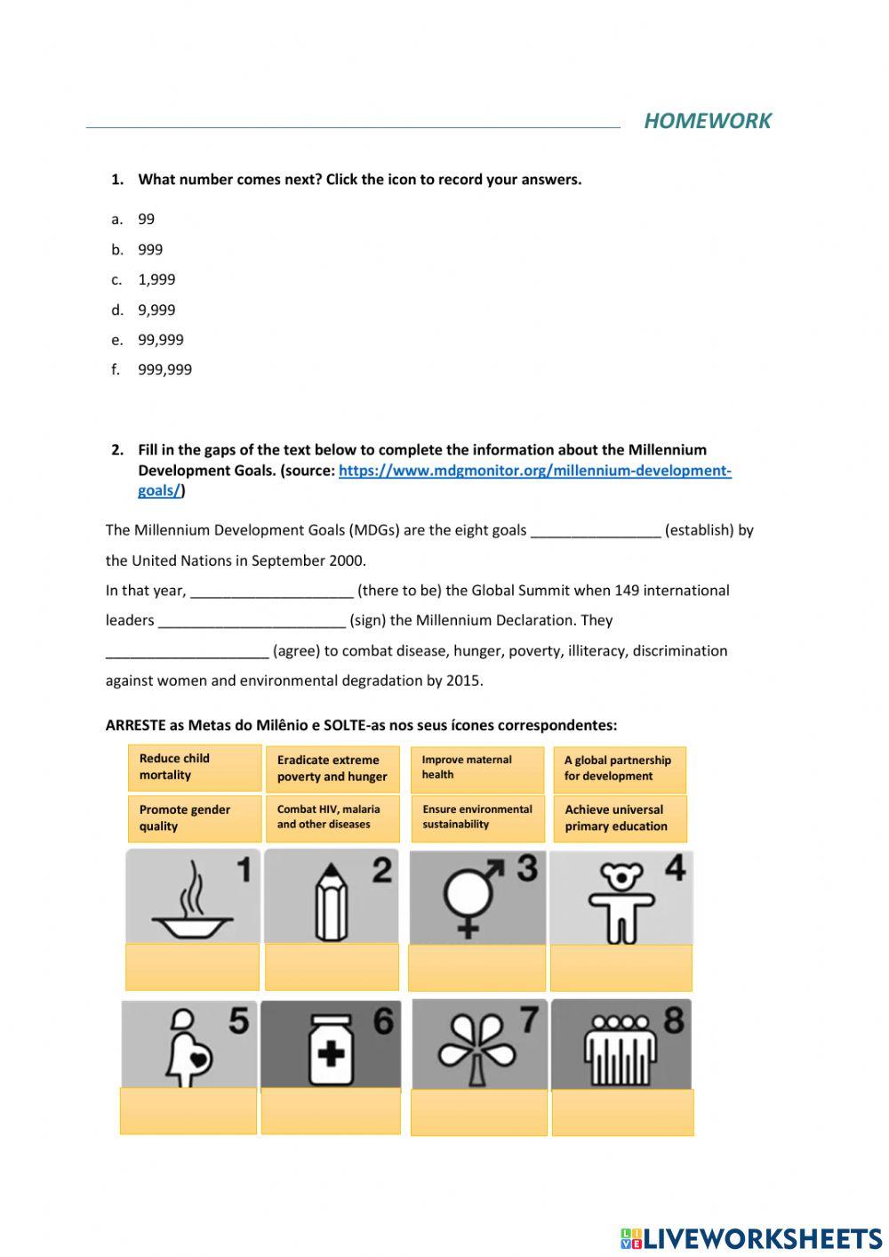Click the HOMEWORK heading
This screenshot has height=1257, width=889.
coord(707,121)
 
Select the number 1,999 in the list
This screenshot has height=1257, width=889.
coord(156,279)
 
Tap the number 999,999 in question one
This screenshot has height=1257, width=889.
coord(164,369)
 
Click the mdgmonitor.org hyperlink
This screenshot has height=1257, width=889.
coord(534,471)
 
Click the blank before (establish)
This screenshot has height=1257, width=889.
coord(595,531)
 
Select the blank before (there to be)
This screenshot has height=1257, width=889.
coord(271,592)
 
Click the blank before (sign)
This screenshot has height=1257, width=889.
coord(252,622)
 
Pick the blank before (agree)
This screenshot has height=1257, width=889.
coord(187,652)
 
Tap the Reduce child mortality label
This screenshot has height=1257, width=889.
coord(195,767)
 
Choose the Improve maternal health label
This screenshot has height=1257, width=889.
coord(477,768)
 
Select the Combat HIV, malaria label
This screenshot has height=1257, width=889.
coord(332,818)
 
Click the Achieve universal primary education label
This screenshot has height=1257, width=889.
coord(620,818)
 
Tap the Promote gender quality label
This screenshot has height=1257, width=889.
coord(195,818)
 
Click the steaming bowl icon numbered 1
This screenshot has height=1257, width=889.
coord(192,896)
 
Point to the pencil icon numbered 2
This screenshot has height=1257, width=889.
coord(332,896)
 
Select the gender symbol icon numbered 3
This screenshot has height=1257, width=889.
coord(477,897)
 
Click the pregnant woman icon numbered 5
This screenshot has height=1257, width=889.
coord(189,1043)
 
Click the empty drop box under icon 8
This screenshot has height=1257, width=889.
coord(622,1112)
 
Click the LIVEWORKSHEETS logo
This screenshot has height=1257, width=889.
coord(751,1237)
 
